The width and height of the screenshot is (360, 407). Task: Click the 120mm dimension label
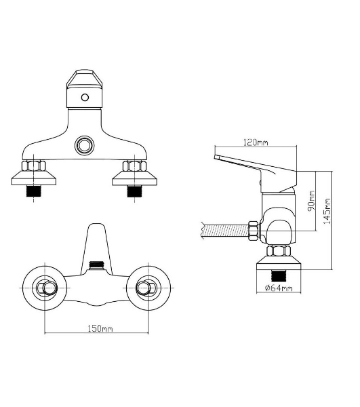coord(256,142)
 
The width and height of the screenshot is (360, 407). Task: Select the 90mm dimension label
coord(311,201)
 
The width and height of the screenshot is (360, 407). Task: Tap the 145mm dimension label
coord(327,211)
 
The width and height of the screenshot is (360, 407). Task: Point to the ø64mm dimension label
coord(279,288)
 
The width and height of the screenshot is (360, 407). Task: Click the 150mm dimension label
coord(100,328)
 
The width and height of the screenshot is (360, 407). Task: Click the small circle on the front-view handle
coord(85,98)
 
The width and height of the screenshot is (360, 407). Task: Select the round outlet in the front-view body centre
coord(85,145)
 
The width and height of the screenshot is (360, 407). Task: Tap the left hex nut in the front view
coord(34,166)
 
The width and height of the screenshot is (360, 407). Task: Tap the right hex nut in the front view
coord(135,166)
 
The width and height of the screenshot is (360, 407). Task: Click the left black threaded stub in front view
coord(34,191)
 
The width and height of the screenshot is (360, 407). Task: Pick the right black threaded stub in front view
coord(135,191)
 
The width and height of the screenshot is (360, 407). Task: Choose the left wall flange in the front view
coord(34,178)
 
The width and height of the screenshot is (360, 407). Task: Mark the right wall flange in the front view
coord(135,178)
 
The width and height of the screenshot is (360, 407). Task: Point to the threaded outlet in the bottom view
coord(96,265)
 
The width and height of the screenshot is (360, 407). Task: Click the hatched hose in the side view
coord(225,231)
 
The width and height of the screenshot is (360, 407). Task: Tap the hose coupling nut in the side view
coord(254,231)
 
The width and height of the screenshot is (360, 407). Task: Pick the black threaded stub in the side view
coord(278,275)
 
